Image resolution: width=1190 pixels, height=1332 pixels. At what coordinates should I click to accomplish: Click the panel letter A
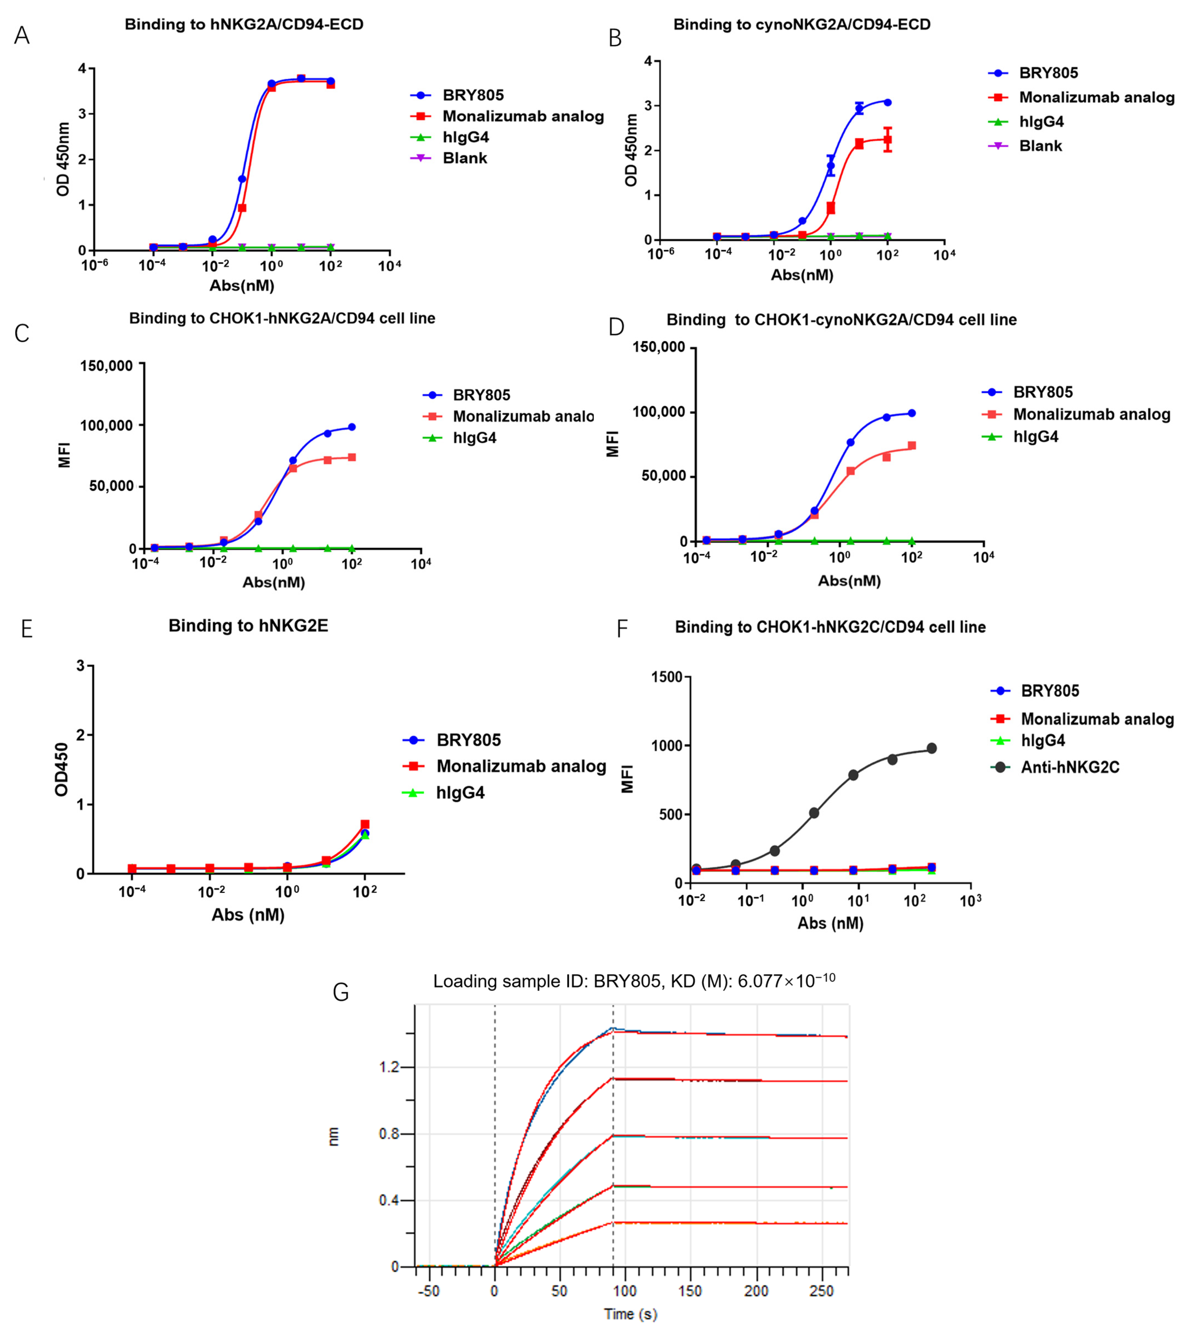click(22, 35)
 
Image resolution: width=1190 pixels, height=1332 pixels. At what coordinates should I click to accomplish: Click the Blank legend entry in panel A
click(464, 158)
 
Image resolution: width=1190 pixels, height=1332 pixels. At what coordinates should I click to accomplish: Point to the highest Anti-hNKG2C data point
click(932, 748)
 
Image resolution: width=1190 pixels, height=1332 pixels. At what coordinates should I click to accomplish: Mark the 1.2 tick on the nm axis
click(389, 1067)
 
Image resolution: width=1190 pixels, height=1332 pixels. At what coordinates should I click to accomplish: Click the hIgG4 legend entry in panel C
click(475, 438)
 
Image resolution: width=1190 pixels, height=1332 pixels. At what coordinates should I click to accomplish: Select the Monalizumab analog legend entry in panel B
click(1096, 97)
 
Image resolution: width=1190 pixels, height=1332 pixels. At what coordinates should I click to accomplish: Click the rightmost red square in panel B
click(887, 139)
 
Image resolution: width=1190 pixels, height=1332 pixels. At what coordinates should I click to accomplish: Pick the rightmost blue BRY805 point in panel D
click(911, 413)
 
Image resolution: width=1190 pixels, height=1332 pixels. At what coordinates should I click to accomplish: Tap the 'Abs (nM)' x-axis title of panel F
click(830, 923)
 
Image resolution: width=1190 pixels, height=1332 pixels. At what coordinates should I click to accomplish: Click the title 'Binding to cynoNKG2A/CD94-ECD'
click(802, 25)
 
